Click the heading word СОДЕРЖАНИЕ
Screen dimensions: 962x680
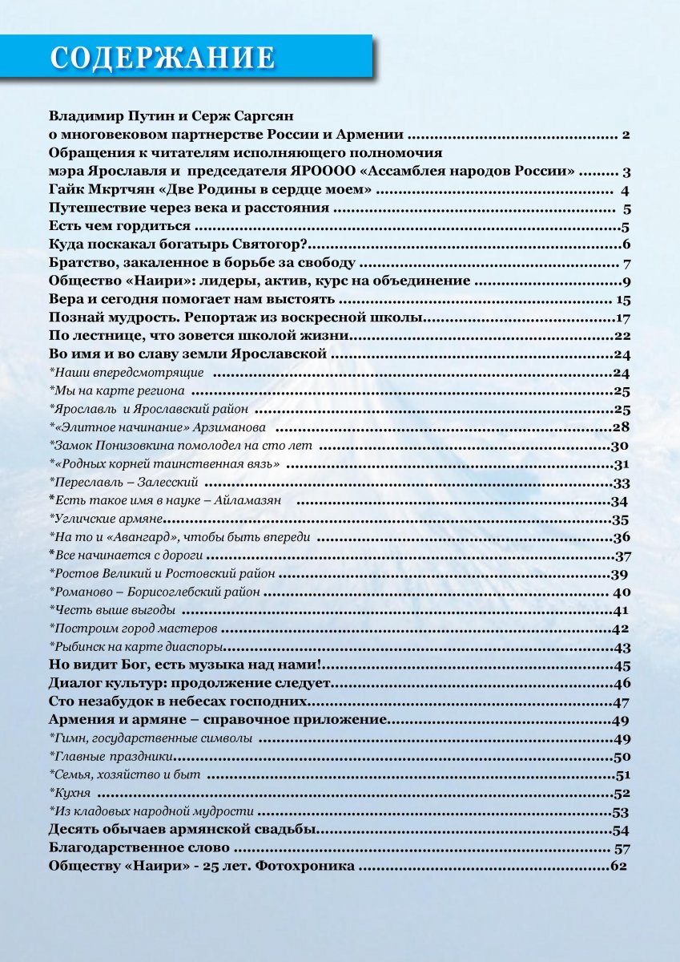(163, 58)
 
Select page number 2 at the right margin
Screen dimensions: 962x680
(626, 134)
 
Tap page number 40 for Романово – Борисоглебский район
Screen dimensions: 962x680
(622, 592)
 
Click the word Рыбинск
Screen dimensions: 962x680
(76, 648)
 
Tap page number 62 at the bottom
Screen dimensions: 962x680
(618, 867)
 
